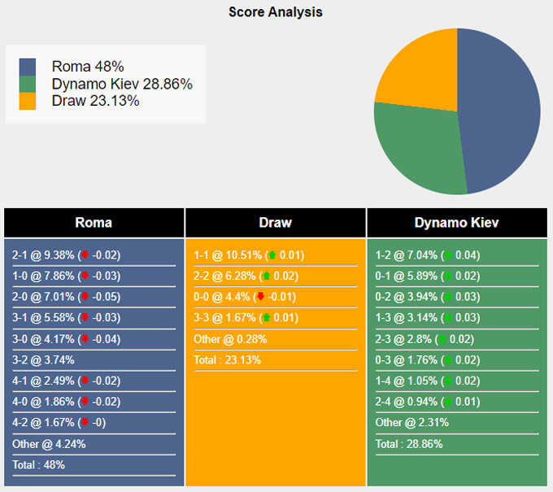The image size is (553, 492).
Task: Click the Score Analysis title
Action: (x=276, y=12)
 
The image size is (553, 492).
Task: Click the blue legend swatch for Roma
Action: (x=28, y=67)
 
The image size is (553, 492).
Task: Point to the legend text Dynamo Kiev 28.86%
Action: (x=122, y=84)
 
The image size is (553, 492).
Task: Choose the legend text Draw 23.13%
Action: (x=95, y=101)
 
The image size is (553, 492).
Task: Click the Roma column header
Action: (x=94, y=223)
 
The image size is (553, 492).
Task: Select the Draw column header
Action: (x=275, y=223)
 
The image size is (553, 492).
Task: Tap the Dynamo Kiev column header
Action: (x=456, y=223)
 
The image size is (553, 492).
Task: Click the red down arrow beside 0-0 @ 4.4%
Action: (x=260, y=297)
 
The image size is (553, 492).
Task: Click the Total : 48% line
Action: (x=38, y=464)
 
